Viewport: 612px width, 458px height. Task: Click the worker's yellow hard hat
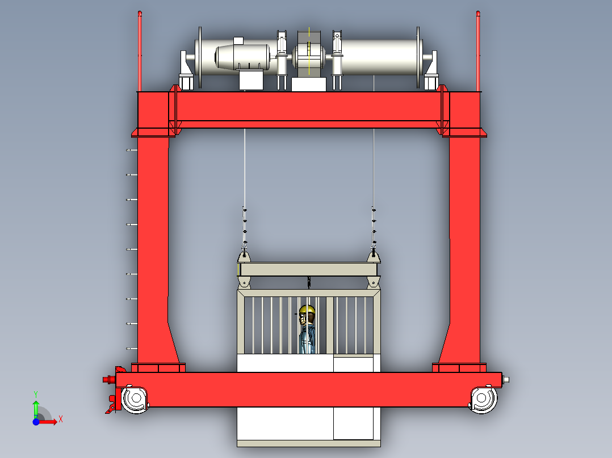click(308, 310)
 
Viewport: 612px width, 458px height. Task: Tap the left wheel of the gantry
click(136, 398)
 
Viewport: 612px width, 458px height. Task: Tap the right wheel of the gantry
click(483, 398)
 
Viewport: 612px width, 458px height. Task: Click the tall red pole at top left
click(140, 51)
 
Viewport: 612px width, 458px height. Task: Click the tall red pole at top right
click(478, 51)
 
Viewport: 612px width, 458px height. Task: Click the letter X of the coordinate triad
click(61, 419)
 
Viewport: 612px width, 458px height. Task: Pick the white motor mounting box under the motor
click(251, 80)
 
